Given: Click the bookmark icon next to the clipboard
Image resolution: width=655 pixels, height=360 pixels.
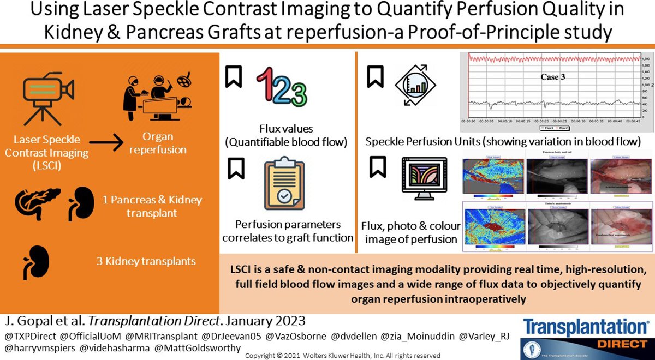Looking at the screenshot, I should click(x=234, y=168).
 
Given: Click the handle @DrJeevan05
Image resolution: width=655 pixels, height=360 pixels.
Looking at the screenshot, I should click(x=231, y=334).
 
